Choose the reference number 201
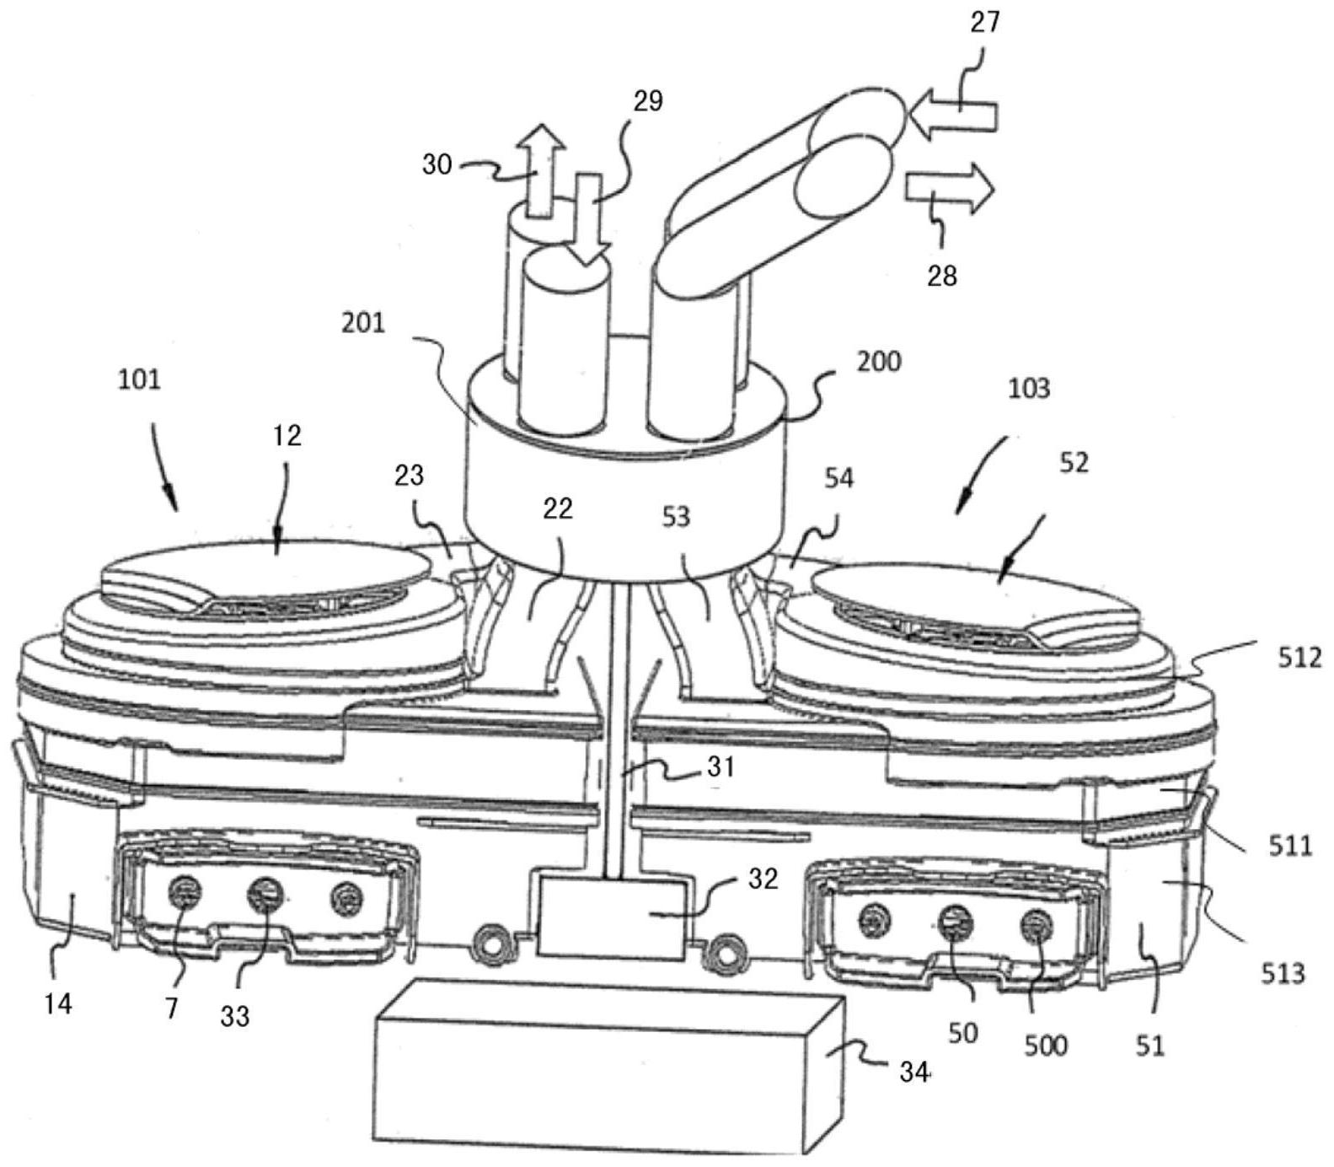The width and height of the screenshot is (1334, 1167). point(363,322)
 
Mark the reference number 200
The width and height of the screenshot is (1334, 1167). point(879,363)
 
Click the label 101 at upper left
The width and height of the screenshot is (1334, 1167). point(139,379)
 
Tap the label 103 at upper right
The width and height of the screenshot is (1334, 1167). point(1030,389)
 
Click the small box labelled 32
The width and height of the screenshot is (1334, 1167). point(613,917)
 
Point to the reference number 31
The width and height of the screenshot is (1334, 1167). point(721,766)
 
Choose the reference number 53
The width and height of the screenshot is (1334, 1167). point(677,516)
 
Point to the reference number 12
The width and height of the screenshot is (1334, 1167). point(287,436)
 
